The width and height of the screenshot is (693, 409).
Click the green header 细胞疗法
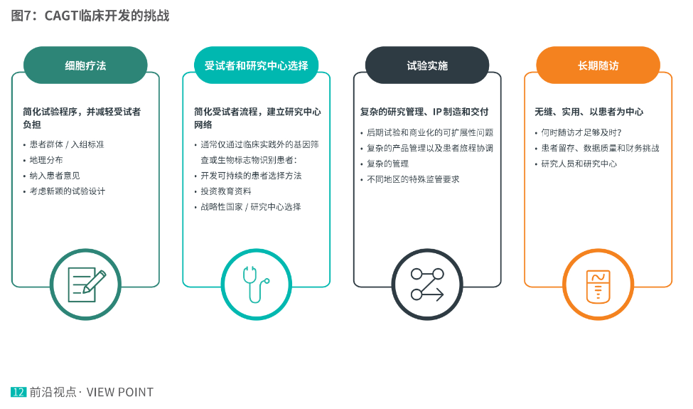pos(85,65)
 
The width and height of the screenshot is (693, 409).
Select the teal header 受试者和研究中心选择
pos(256,65)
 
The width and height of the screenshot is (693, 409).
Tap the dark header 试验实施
pos(427,65)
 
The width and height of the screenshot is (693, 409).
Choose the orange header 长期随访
pos(598,65)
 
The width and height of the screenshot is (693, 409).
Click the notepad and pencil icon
pos(86,284)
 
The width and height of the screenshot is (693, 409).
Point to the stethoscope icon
pos(256,284)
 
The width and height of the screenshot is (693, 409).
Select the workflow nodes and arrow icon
pos(427,284)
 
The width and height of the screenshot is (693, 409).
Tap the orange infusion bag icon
pos(598,284)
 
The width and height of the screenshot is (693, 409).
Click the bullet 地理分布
pos(46,160)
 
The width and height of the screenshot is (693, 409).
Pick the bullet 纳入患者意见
pos(55,176)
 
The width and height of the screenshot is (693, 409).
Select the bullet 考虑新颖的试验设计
pos(68,191)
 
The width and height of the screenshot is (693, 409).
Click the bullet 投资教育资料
pos(226,191)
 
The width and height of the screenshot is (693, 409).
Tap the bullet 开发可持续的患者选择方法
pos(251,176)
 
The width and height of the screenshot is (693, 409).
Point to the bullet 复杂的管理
pos(388,164)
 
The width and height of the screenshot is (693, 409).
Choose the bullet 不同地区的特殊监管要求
pos(413,179)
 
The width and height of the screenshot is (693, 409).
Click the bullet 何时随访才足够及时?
pos(581,132)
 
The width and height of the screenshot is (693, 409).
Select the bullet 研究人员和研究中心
pos(579,164)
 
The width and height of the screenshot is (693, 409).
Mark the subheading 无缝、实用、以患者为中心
pos(589,112)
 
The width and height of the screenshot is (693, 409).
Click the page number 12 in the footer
pos(18,392)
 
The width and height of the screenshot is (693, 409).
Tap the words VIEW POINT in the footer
pos(120,392)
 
